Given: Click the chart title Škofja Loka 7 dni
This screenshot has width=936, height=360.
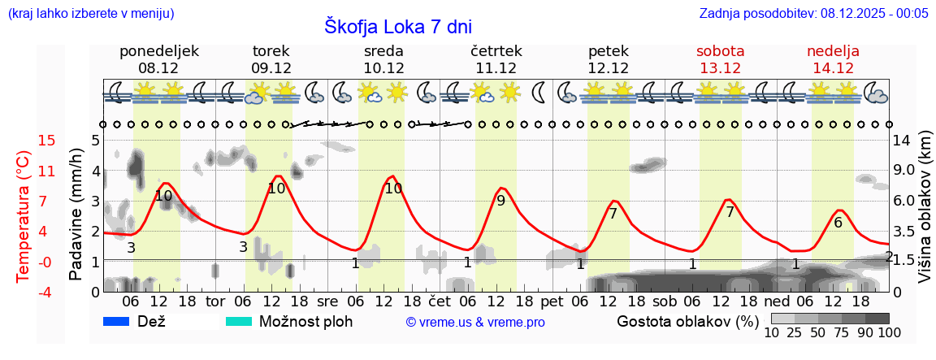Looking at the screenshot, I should point(397,26).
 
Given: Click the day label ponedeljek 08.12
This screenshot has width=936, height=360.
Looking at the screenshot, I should point(159,59).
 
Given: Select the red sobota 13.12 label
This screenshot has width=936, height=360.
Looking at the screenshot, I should point(721,59).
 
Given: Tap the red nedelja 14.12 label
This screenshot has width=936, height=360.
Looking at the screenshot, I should point(833,59).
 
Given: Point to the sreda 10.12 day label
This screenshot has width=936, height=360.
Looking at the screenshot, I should point(383,59).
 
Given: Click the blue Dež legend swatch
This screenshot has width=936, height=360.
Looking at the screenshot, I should point(117,321).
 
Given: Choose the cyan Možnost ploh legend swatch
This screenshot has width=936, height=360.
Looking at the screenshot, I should point(239,321).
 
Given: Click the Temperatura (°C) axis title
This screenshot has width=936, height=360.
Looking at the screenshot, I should point(24,215).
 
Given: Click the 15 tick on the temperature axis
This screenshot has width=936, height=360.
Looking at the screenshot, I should point(24,141).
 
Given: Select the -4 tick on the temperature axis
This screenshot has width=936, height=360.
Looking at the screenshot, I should point(24,292).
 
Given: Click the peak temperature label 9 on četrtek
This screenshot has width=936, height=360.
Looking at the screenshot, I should point(500,201).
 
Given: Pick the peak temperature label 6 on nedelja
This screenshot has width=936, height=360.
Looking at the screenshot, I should point(838,222).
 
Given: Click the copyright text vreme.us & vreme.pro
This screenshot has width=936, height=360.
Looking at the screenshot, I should point(475,322).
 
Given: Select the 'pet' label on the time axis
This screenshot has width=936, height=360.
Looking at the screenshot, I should point(552,301).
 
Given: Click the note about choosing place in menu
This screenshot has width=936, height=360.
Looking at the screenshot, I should point(90,14).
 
